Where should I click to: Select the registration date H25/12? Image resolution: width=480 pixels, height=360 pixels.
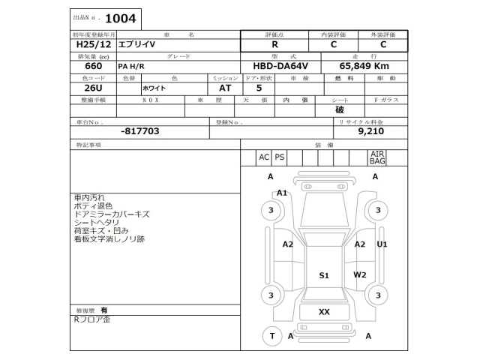(x=86, y=44)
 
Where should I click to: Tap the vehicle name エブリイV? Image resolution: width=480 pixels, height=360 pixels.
(x=139, y=44)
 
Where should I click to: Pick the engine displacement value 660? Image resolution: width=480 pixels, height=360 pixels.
(x=84, y=66)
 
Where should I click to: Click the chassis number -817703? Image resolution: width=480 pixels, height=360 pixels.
(x=139, y=130)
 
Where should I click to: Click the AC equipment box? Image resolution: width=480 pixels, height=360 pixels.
(x=263, y=157)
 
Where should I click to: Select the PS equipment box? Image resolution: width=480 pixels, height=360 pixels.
(x=280, y=157)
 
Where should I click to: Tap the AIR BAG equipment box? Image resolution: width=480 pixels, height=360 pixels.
(x=377, y=157)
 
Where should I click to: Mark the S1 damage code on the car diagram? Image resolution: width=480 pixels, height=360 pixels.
(x=324, y=275)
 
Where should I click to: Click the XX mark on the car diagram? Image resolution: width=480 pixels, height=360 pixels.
(x=324, y=311)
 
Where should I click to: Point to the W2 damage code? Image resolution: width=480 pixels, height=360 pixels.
(x=360, y=274)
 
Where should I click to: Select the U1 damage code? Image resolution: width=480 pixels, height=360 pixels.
(x=382, y=244)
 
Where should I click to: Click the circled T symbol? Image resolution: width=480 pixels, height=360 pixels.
(x=272, y=336)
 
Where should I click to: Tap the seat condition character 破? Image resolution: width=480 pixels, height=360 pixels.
(x=340, y=109)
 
